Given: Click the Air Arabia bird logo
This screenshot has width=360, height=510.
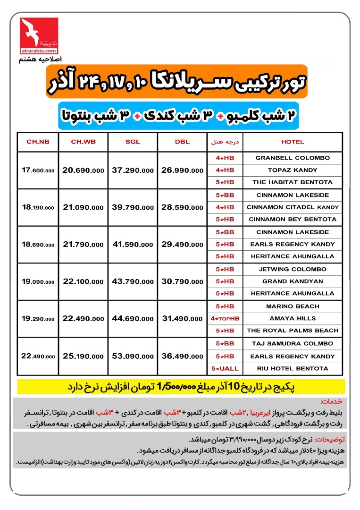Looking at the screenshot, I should coord(39,32).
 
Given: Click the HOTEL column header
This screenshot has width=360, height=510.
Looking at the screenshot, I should coord(292,142).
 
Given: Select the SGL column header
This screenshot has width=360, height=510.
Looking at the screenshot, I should coord(133,142).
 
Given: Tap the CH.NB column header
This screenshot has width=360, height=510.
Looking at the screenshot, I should coord(38,142).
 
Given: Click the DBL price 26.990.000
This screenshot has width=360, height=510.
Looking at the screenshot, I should coord(182,170).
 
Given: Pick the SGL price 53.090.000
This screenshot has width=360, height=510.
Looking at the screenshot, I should coord(133,356).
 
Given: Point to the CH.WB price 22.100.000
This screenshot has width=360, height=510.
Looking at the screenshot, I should coord(83,281).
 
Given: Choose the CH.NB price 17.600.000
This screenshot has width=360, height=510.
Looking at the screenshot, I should coord(38,170).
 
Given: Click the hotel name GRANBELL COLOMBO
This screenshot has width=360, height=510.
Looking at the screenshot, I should coord(292,158).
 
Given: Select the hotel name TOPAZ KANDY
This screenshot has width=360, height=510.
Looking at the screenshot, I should coord(292,170).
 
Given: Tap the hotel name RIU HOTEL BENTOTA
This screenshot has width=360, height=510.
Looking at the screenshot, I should coord(292,368).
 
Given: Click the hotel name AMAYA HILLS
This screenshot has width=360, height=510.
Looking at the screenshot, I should coord(292,318).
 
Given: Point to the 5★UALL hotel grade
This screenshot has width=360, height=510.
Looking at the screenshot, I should coord(225,368).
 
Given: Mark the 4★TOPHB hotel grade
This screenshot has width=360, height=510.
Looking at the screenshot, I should coord(225,318).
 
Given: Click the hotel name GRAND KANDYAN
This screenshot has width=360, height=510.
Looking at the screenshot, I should coord(292,281).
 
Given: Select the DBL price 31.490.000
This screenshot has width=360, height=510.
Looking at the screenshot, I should coord(182,319).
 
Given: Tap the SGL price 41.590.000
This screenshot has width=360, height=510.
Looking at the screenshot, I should coord(133,244).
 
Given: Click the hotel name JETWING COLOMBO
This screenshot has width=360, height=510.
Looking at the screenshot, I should coord(292,269).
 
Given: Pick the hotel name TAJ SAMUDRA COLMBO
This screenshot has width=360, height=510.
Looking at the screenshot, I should coord(292,343).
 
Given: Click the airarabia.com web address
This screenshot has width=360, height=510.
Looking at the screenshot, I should coord(39,51).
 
